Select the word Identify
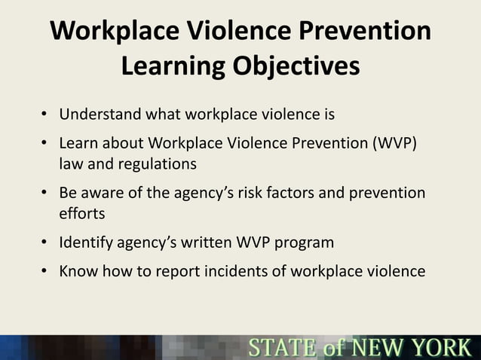click(86, 243)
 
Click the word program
click(304, 243)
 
